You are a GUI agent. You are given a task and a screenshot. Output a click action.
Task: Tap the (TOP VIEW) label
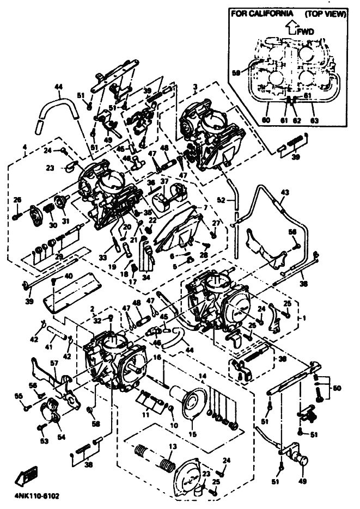[x=326, y=14]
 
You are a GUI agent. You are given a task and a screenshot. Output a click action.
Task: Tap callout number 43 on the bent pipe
[x=285, y=193]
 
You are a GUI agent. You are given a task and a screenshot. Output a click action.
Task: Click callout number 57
[x=54, y=363]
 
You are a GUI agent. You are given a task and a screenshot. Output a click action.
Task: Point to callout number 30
[x=52, y=225]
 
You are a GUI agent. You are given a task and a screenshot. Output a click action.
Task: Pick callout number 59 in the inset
[x=236, y=71]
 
